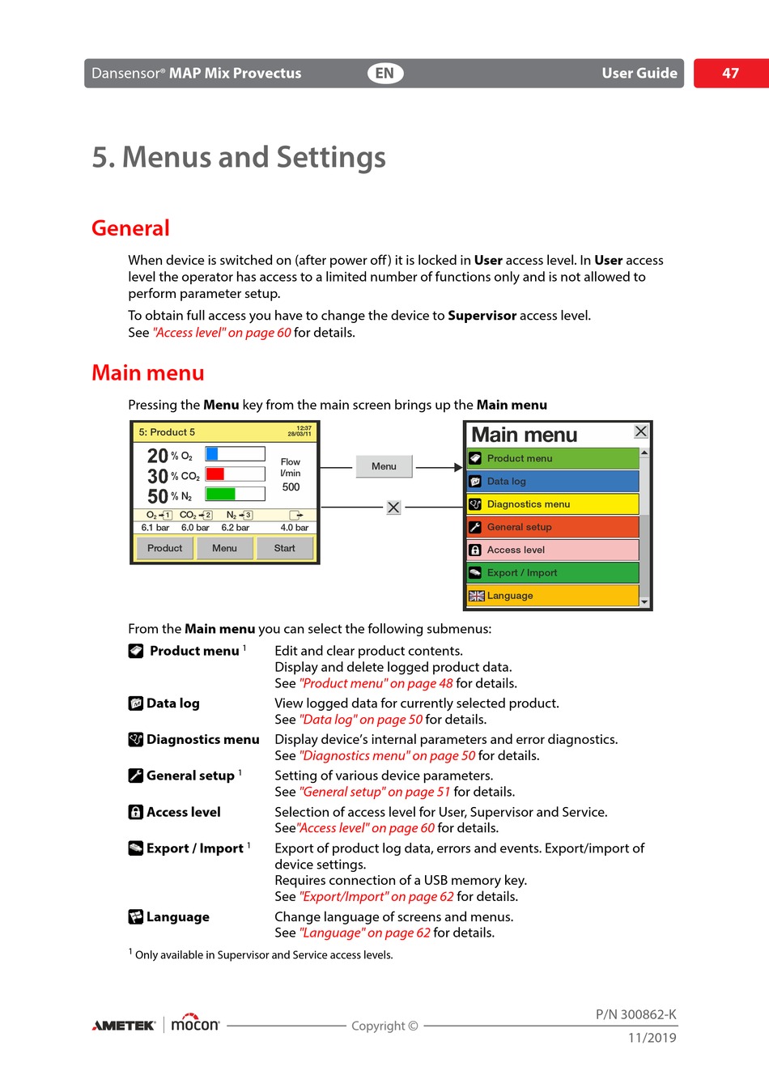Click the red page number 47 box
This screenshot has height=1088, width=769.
(730, 73)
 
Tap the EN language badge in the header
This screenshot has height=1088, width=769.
(384, 73)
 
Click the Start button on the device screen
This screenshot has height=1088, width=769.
(285, 548)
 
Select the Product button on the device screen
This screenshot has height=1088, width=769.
(165, 548)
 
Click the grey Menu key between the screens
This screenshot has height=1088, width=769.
(384, 466)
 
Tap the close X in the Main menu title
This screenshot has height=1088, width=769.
(641, 431)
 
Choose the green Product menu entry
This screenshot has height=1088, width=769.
(554, 458)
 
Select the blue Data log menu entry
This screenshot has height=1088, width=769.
(554, 481)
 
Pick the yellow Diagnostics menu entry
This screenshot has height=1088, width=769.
(554, 504)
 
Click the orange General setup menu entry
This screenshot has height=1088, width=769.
(554, 527)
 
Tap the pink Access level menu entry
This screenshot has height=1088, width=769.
(554, 550)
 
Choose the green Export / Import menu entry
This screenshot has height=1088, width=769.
(554, 572)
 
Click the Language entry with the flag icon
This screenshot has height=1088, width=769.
(554, 596)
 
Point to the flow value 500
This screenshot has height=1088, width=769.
(291, 487)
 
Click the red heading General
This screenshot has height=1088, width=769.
(130, 228)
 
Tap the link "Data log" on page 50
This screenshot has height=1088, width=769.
(361, 720)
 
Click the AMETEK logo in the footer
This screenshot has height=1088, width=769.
(124, 1026)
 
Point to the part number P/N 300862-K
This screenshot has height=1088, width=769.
(635, 1014)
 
